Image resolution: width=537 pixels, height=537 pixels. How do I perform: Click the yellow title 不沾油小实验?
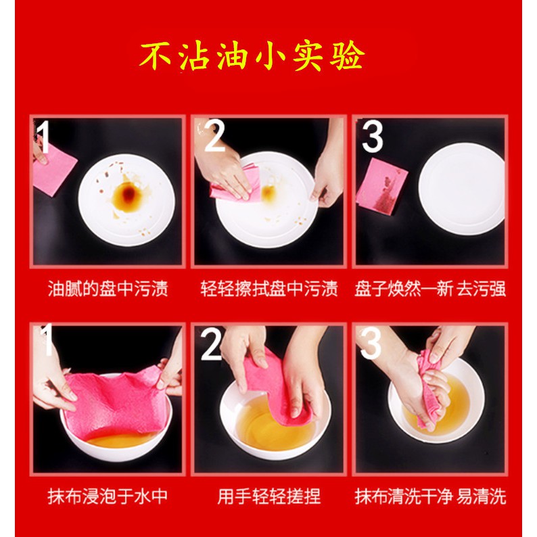click(x=252, y=57)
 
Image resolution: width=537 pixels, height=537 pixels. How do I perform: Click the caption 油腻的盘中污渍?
click(x=108, y=288)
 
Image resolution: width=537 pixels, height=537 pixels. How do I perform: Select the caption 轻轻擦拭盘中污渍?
click(x=269, y=288)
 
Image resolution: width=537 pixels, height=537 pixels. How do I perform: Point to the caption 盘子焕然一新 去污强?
click(x=430, y=288)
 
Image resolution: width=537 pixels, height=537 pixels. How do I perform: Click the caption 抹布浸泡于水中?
click(x=108, y=496)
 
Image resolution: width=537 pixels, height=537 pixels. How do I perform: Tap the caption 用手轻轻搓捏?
click(x=269, y=496)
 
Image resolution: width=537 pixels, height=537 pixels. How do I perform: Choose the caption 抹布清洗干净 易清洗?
click(x=430, y=496)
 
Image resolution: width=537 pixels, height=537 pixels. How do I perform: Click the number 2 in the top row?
click(x=214, y=137)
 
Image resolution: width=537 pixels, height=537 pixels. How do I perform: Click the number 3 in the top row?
click(x=372, y=137)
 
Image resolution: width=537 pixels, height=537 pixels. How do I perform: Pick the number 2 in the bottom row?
click(x=212, y=344)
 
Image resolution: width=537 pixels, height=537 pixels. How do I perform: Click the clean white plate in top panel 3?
click(x=461, y=189)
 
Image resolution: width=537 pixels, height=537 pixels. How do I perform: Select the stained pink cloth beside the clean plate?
click(x=382, y=187)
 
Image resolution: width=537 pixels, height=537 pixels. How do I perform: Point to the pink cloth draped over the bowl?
click(x=116, y=404)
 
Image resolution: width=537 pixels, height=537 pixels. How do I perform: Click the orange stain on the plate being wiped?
click(x=268, y=193)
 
